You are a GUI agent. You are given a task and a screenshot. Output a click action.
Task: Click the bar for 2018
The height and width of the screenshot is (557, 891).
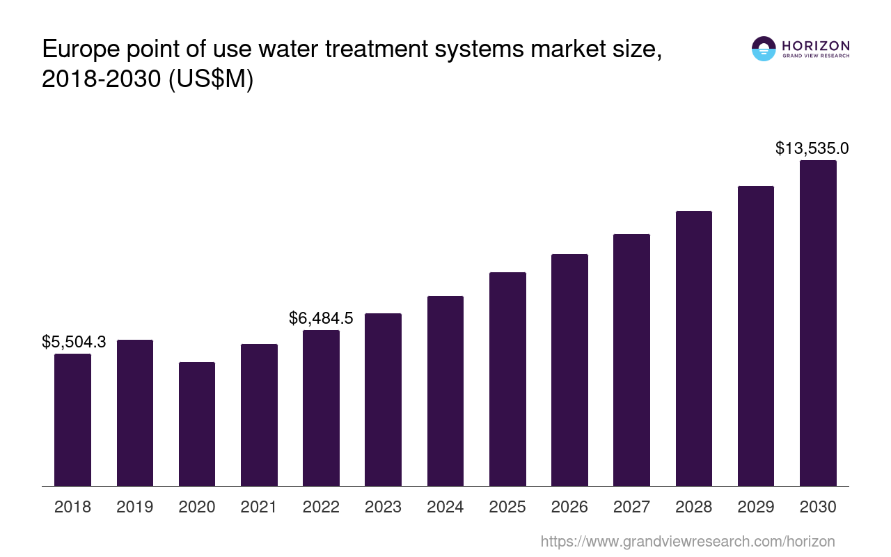[72, 420]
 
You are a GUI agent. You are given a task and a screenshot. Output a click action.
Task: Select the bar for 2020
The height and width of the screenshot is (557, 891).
[197, 424]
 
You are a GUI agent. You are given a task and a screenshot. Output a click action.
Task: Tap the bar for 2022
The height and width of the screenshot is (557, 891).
[321, 408]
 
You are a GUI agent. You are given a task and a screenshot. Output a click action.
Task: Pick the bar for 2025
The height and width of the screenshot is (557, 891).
[507, 379]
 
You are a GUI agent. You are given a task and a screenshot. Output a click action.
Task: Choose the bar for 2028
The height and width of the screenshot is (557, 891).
[694, 348]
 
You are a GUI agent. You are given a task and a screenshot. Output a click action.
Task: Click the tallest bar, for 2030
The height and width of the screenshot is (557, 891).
[818, 323]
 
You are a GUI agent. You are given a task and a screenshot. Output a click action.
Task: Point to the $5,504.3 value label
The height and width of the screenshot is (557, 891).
[74, 342]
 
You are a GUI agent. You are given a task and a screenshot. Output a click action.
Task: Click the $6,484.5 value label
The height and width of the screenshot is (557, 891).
[321, 318]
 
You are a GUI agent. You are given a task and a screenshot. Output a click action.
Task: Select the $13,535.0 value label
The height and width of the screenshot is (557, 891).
[812, 148]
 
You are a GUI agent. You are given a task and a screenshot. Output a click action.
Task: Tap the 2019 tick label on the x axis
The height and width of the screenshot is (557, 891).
[135, 507]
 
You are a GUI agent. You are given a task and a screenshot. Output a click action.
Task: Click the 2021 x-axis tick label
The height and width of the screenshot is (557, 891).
[259, 507]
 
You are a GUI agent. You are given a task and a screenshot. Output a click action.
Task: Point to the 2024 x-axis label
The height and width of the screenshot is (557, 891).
[445, 507]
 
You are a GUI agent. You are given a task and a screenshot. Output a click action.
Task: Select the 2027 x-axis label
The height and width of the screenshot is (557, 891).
[631, 507]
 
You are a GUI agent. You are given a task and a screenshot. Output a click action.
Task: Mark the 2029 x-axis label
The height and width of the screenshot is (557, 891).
[756, 507]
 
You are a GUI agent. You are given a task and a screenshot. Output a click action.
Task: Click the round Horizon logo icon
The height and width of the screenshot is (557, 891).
[764, 49]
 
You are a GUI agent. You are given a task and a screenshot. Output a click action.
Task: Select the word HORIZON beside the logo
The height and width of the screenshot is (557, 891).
[816, 46]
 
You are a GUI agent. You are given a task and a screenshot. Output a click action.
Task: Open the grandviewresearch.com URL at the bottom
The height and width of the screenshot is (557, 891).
[688, 541]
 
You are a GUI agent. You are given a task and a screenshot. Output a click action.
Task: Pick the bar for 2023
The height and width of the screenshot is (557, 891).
[383, 400]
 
